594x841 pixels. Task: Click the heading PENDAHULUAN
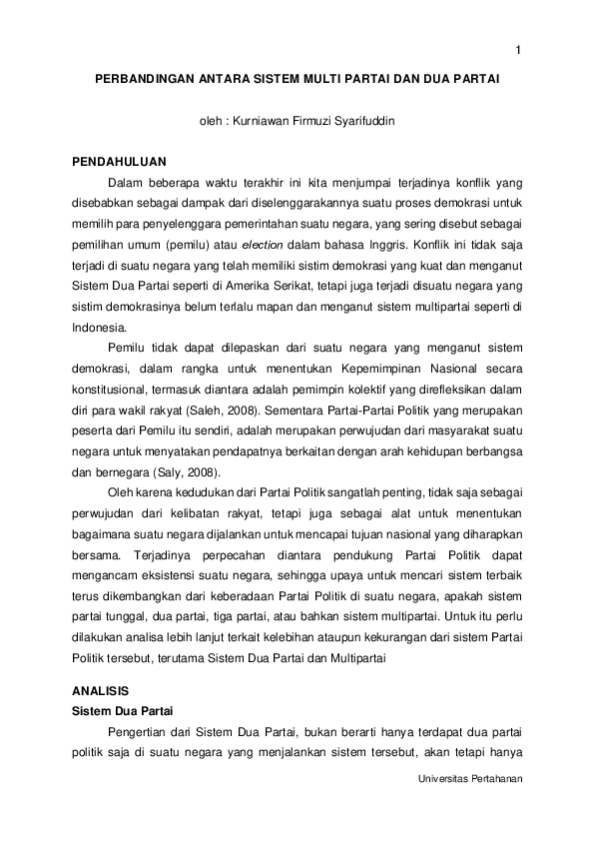120,161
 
